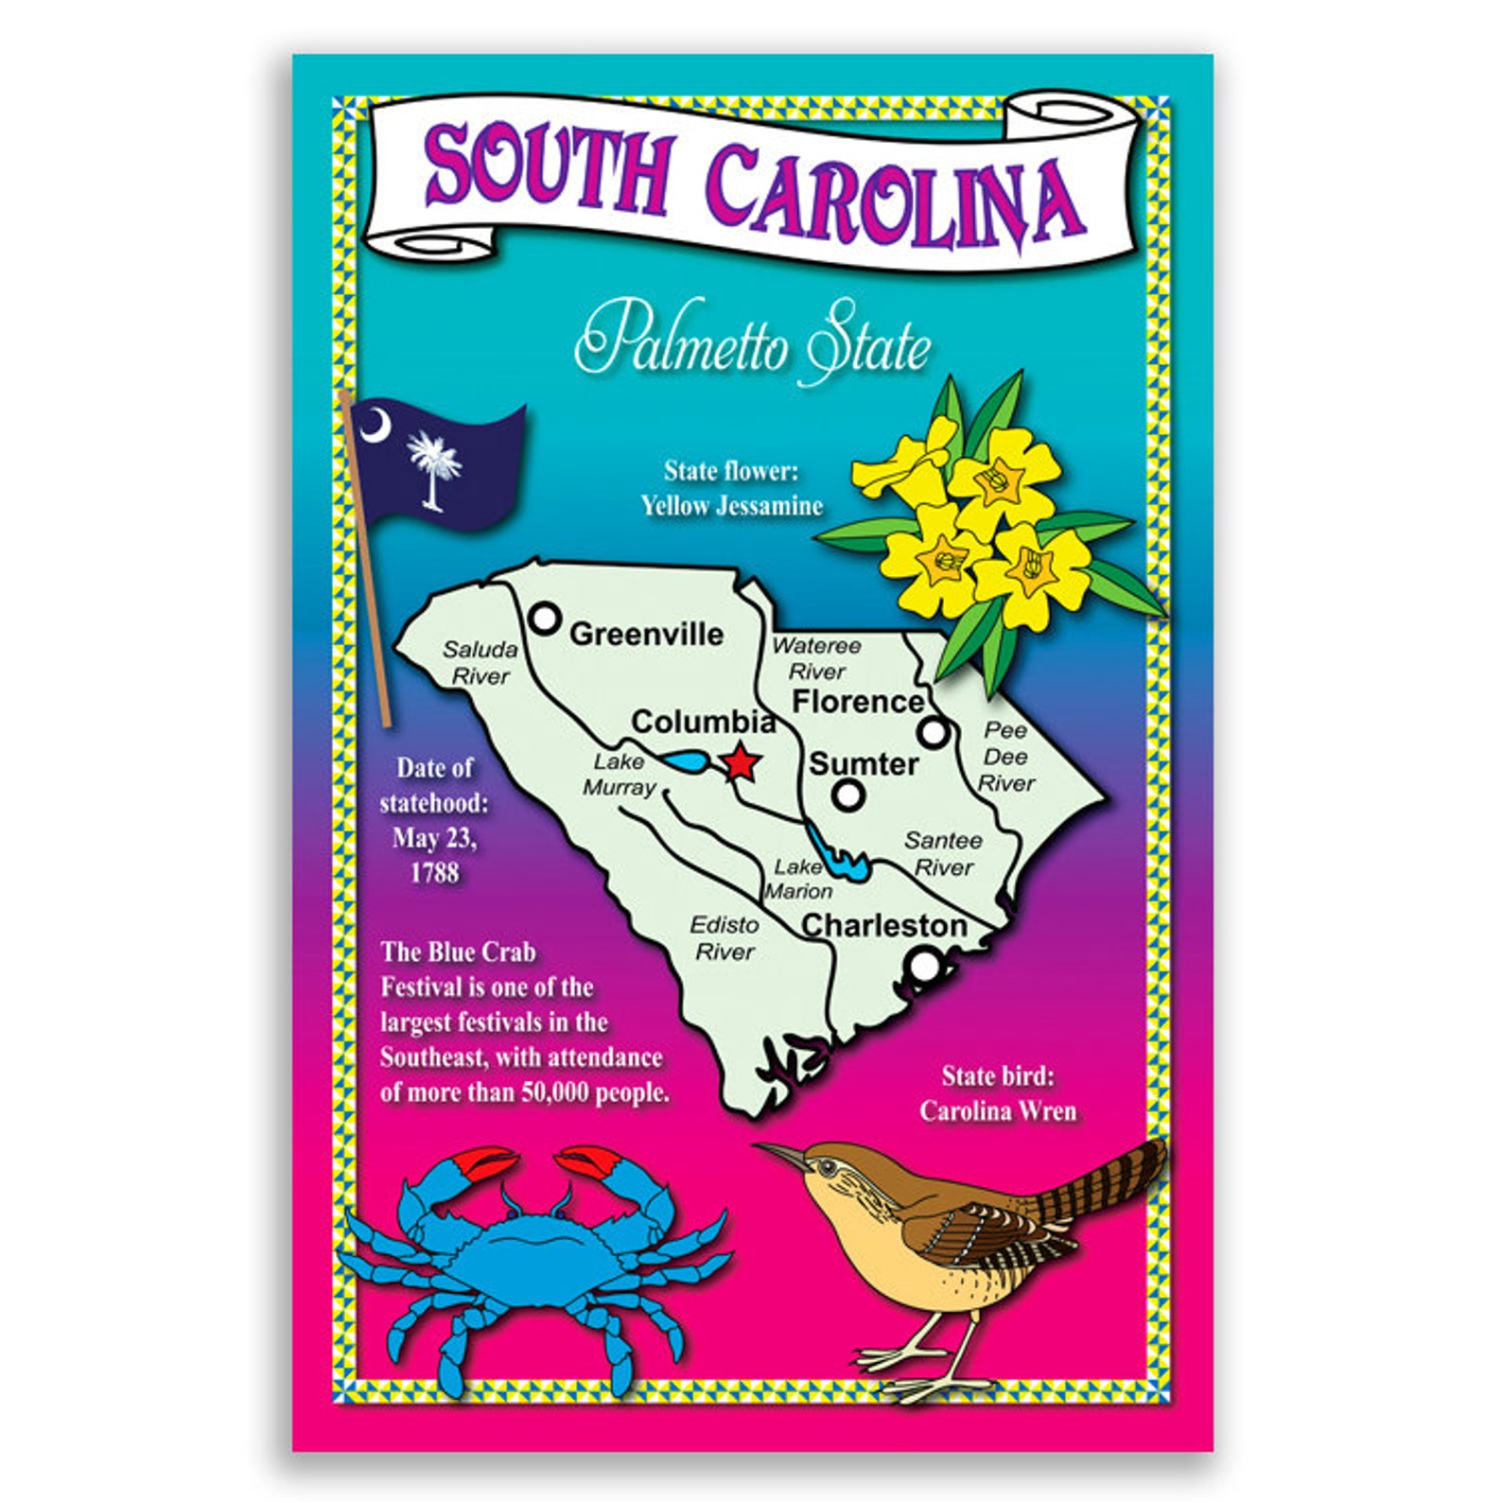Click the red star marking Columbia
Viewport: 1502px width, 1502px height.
(740, 762)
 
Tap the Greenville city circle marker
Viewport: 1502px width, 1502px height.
(545, 619)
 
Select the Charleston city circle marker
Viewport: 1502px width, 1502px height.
(923, 966)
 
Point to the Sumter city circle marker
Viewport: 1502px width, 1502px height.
(848, 795)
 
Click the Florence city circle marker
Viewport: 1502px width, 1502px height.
(934, 731)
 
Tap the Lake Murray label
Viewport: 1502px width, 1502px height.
(620, 775)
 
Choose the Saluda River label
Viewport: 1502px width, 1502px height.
(480, 662)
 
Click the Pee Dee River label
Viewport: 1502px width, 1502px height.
(1005, 757)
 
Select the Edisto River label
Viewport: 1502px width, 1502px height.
(725, 938)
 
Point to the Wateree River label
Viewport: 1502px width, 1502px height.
(816, 658)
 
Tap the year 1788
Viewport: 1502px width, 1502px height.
(434, 872)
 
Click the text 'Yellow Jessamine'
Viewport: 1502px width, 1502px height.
(731, 506)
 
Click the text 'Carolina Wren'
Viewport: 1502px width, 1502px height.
(998, 1110)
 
